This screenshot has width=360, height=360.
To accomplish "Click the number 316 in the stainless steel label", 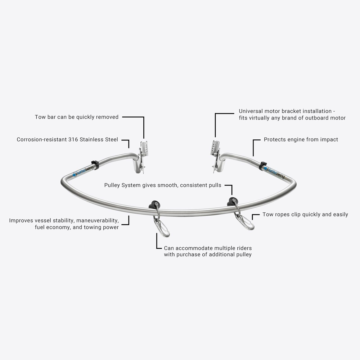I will [x=73, y=139].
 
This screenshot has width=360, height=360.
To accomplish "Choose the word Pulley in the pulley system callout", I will [x=113, y=185].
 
